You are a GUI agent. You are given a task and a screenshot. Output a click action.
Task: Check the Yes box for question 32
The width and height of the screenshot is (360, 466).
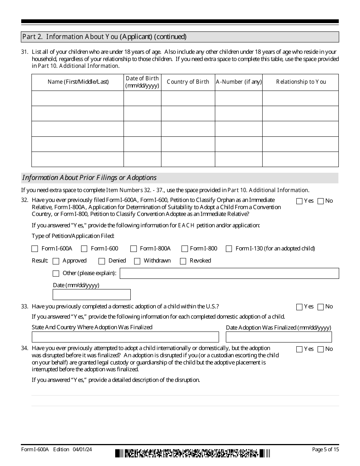coord(299,201)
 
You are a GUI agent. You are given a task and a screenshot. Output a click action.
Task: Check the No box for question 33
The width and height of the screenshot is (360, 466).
coord(321,307)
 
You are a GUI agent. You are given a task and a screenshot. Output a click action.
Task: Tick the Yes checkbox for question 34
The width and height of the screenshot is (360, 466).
coord(299,349)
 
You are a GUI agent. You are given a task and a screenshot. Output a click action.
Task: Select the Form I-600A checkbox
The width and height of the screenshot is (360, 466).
coord(35,249)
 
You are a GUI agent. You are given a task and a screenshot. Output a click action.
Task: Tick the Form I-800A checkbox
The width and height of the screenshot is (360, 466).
coord(133,249)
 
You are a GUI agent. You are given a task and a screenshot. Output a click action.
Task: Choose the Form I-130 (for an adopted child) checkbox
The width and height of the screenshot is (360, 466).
coord(229,249)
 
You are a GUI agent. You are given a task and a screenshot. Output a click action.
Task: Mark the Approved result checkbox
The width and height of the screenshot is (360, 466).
coord(56,261)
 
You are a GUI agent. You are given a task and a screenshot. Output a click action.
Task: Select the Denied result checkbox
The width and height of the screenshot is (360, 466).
coord(102,261)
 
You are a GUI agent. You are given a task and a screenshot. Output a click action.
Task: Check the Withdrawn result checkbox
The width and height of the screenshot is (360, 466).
coord(137,261)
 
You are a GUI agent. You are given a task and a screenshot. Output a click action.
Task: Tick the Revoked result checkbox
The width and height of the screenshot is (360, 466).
coord(183,261)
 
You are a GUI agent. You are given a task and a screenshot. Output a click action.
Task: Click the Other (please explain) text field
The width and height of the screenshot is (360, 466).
coord(229,273)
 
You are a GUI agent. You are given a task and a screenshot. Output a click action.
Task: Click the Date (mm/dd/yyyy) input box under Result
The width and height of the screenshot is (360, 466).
coord(91,294)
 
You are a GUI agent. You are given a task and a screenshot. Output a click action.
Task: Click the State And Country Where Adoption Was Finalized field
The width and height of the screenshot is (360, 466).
coord(125,337)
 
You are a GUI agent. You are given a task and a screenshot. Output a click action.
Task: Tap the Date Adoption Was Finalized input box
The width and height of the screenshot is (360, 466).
coord(279,337)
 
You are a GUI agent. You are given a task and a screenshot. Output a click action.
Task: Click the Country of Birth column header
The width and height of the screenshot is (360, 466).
coord(188,82)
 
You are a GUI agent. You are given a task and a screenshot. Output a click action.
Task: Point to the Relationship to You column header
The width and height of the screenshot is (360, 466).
coord(301,82)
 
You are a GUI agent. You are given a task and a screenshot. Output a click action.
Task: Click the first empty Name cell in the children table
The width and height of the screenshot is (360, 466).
coord(77,99)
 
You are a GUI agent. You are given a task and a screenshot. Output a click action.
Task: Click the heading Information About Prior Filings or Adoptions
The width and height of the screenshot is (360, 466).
coord(89,178)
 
